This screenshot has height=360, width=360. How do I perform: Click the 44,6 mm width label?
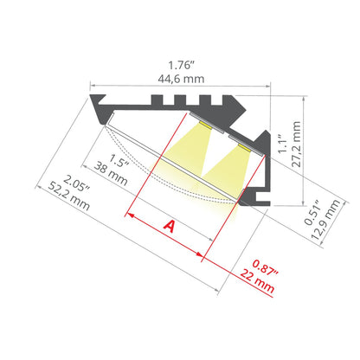181,79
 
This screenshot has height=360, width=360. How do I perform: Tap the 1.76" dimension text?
180,66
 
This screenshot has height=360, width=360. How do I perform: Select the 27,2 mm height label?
296,144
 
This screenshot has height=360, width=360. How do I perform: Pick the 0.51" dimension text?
313,212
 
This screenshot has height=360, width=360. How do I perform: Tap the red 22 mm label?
257,280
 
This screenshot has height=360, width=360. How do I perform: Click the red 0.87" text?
266,268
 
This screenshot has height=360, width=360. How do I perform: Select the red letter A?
170,226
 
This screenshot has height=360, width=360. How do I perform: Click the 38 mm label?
111,174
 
